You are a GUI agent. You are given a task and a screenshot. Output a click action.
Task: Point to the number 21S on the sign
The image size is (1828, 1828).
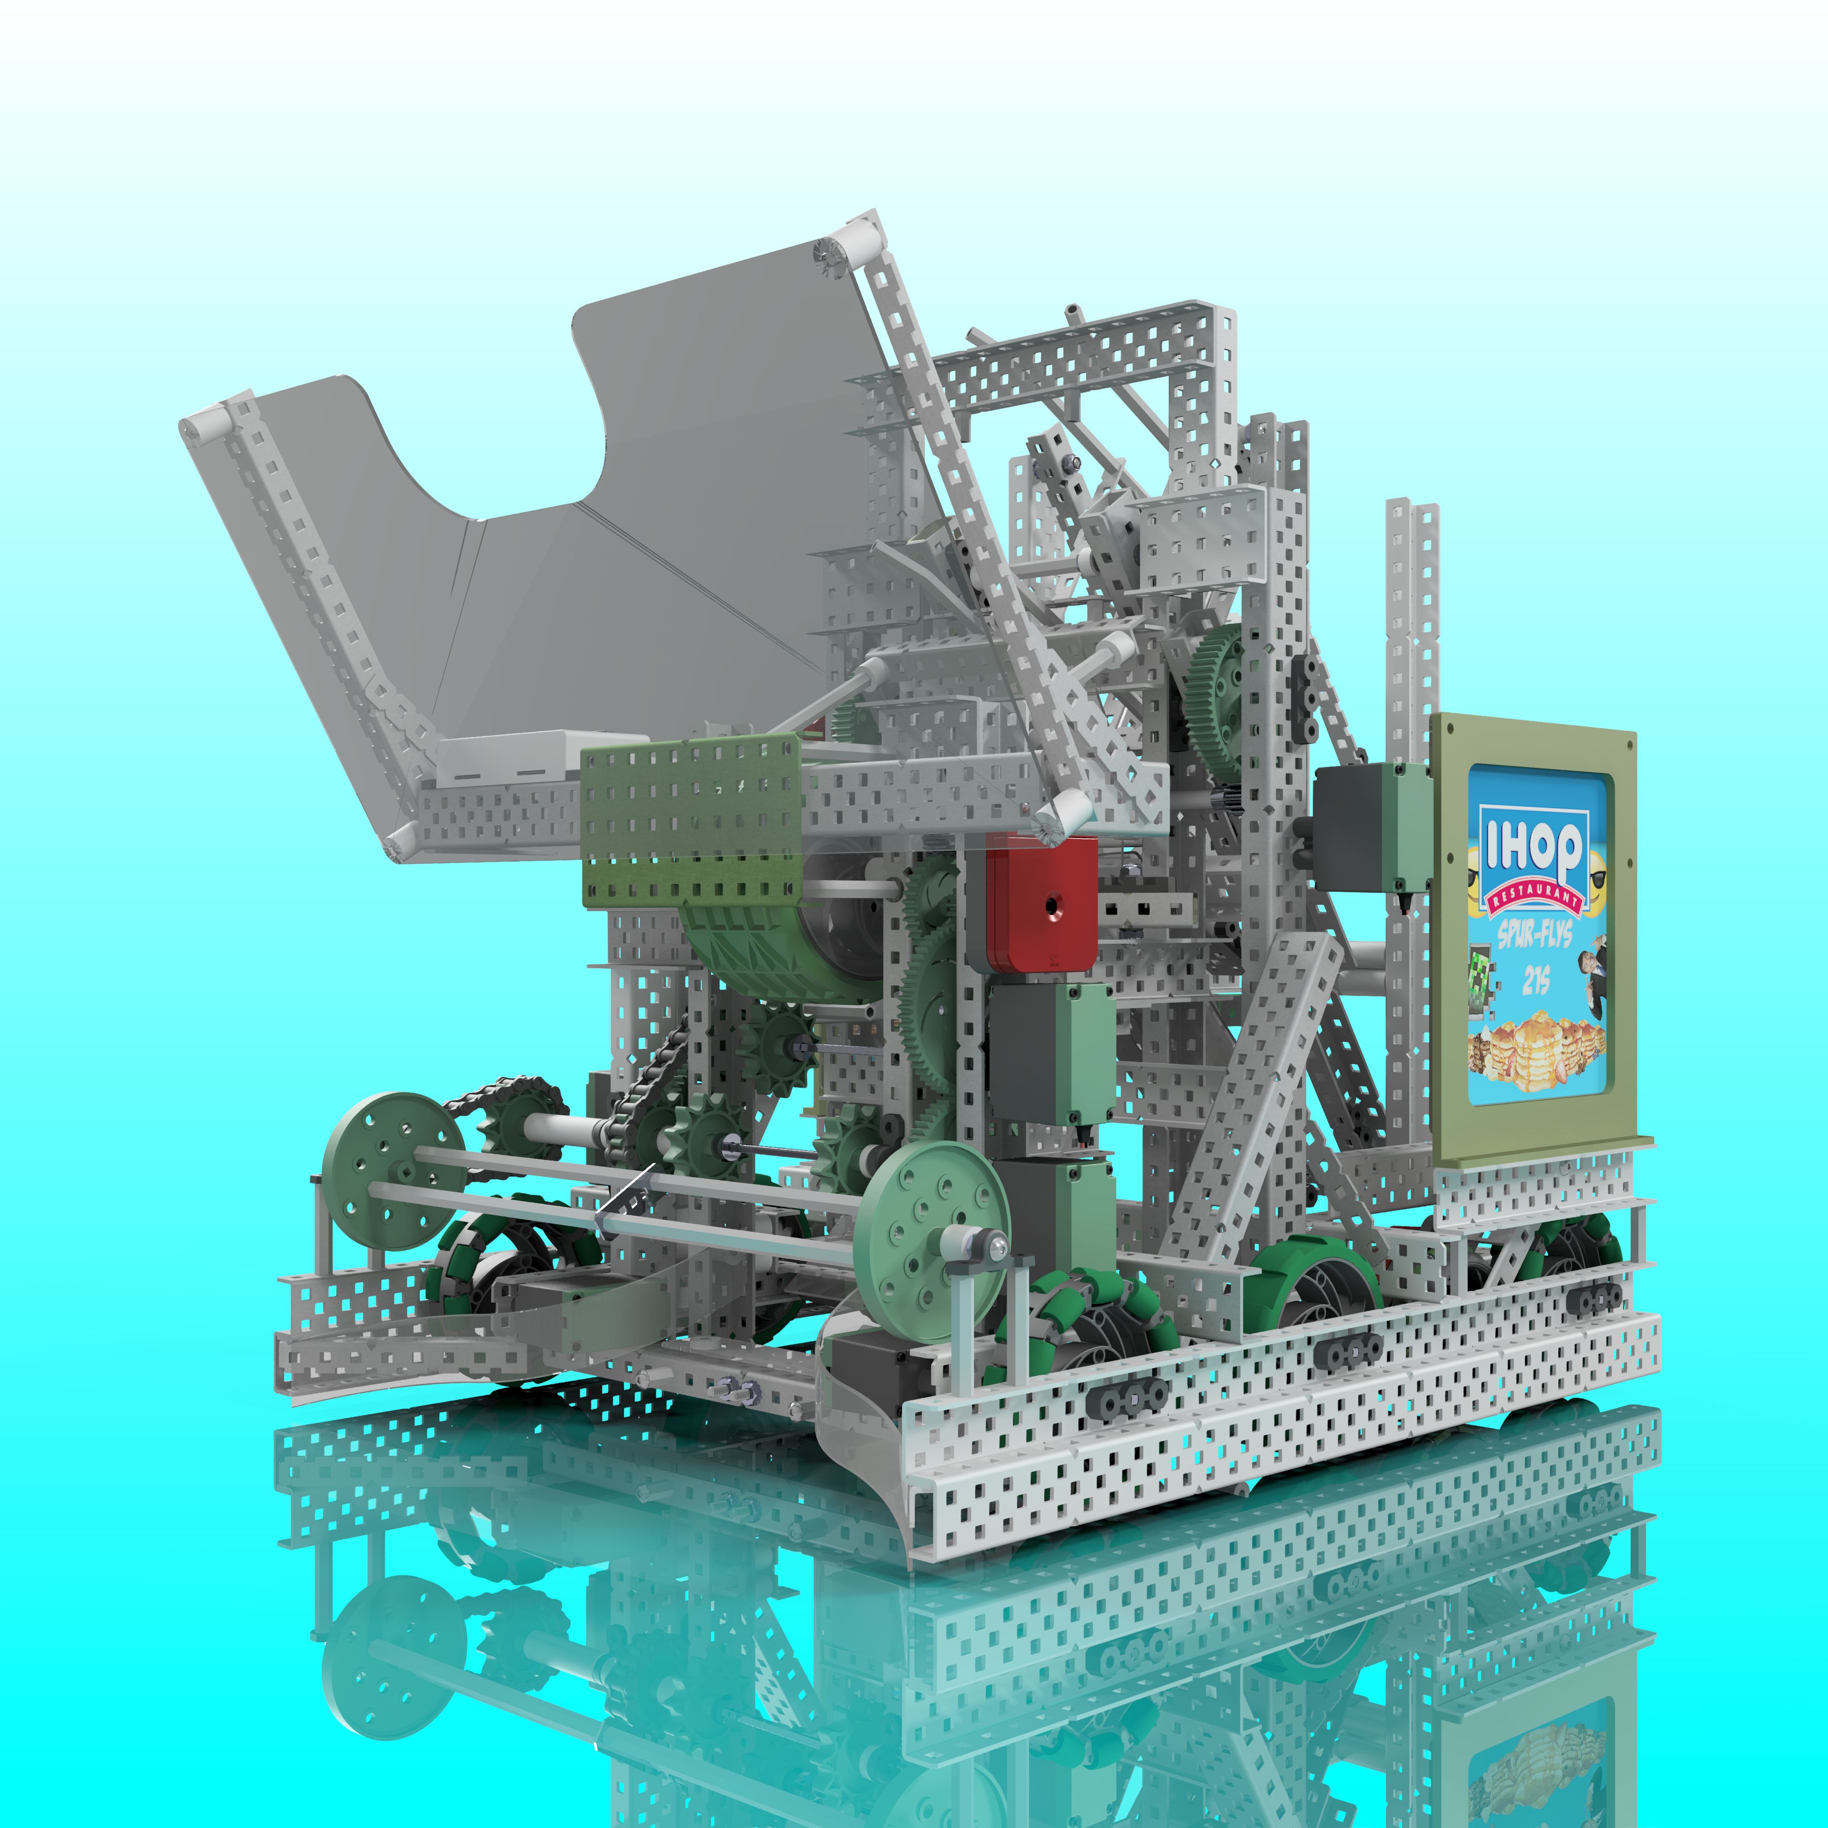(1535, 981)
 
